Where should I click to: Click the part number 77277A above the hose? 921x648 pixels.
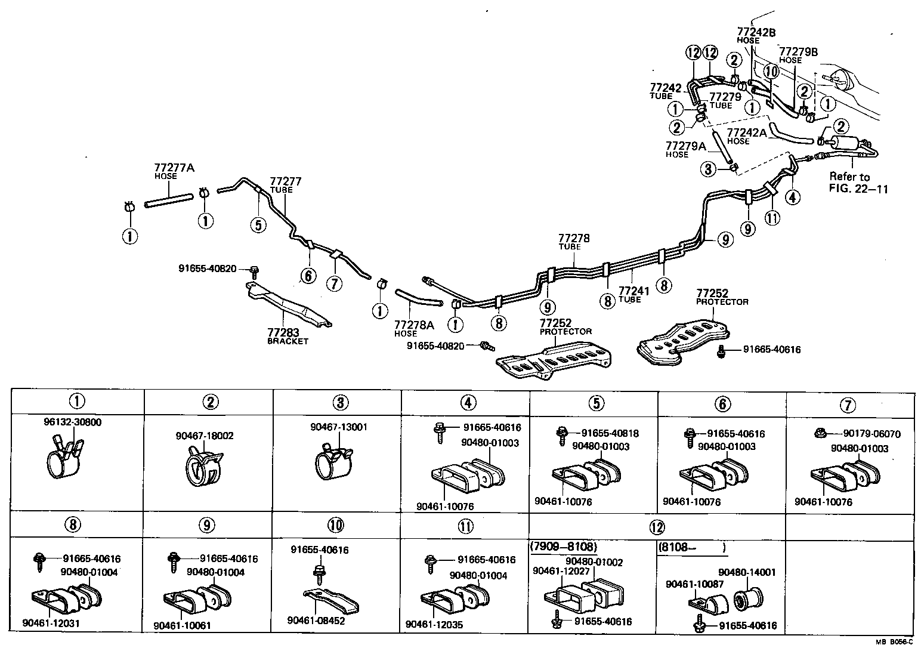[x=174, y=168]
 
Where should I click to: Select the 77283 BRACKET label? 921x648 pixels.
[x=288, y=336]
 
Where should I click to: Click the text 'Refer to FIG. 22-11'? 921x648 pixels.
[x=858, y=183]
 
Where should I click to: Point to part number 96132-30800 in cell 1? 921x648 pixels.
[x=72, y=422]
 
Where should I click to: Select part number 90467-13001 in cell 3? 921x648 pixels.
[x=339, y=427]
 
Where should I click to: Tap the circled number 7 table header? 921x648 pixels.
[x=848, y=405]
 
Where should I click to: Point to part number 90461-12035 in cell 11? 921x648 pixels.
[x=434, y=624]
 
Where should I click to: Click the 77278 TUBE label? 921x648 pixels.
[x=574, y=241]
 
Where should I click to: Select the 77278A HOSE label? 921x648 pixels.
[x=414, y=328]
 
